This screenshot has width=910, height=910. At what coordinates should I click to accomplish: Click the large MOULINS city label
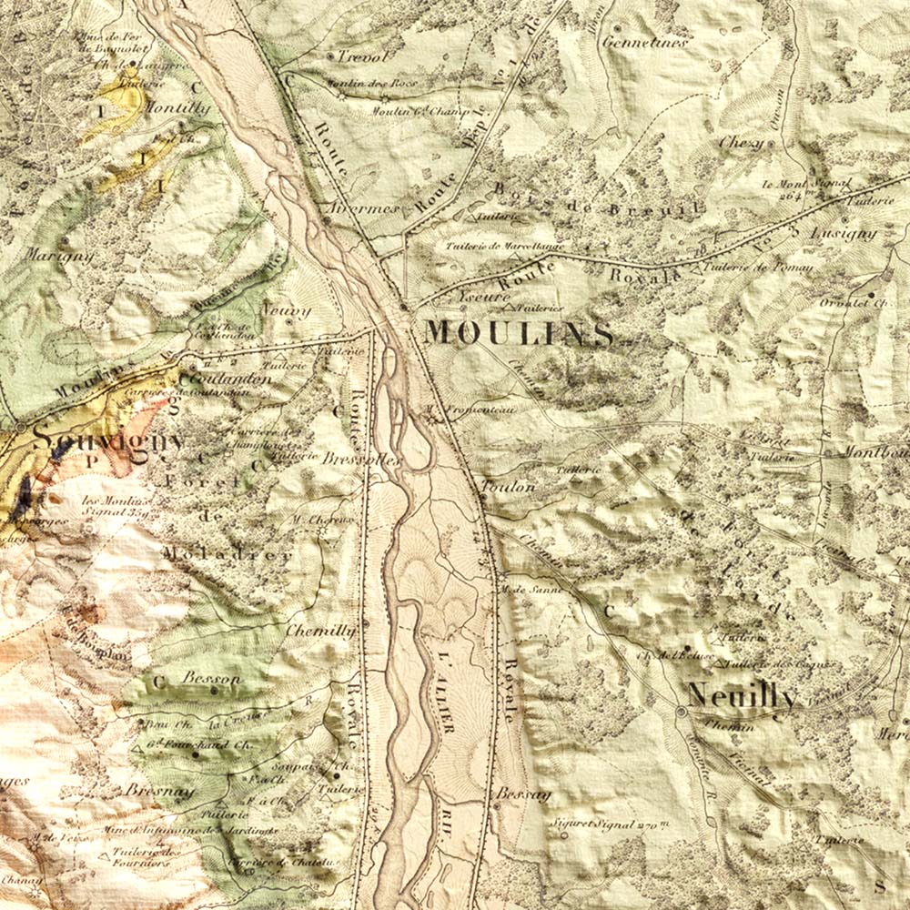pos(519,333)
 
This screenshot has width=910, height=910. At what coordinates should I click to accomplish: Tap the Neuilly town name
pos(742,696)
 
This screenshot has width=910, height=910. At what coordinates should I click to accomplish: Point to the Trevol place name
pos(363,56)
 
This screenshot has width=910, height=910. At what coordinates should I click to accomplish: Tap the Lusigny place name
pos(842,233)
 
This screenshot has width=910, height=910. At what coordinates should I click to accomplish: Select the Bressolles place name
pos(361,460)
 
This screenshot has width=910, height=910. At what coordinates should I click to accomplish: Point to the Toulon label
pos(509,488)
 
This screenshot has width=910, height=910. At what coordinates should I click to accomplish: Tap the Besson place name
pos(211,679)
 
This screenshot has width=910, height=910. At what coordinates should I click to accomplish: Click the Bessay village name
pos(523,794)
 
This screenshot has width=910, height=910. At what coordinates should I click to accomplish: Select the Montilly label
pos(177,108)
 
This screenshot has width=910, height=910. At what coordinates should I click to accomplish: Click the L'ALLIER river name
pos(445,692)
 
